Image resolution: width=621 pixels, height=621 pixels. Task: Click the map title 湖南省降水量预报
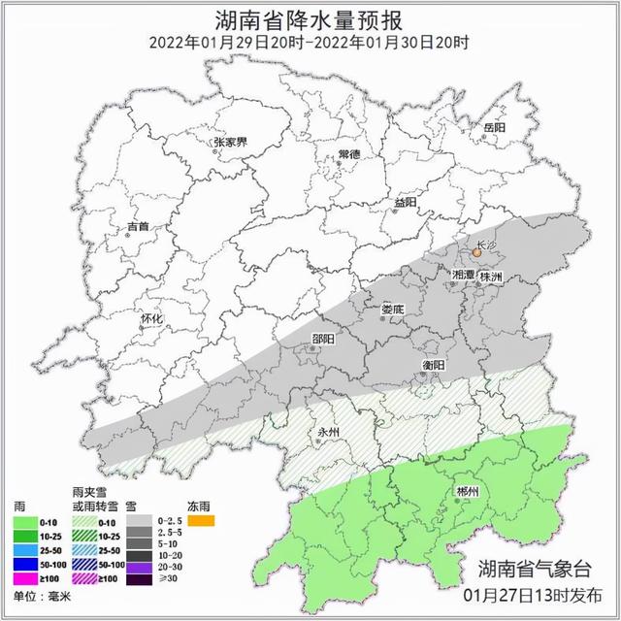(310, 18)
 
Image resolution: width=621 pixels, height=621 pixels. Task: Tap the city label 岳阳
(494, 128)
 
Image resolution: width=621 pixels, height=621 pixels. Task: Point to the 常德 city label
(348, 155)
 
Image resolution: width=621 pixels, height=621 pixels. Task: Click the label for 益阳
(405, 202)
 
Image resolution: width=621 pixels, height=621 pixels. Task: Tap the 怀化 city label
(151, 318)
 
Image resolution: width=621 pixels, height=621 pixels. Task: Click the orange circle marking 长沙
(476, 253)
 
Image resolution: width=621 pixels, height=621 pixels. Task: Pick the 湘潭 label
(464, 277)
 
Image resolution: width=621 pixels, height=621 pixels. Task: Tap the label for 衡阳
(433, 364)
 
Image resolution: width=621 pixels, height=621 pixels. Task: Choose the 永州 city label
(331, 432)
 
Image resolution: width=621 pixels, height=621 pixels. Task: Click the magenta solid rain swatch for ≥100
(23, 577)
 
